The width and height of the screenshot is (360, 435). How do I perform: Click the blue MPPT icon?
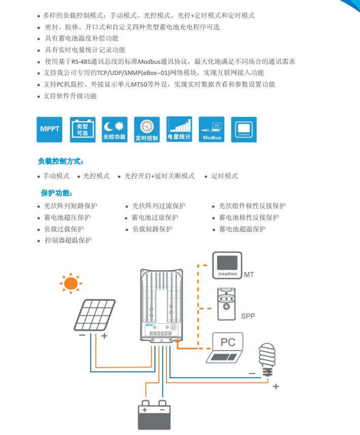50,130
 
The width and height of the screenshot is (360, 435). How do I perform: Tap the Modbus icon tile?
212,130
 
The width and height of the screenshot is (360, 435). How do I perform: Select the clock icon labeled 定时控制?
147,130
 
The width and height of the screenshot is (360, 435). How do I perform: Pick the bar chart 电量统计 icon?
179,130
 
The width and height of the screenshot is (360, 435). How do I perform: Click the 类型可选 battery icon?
82,130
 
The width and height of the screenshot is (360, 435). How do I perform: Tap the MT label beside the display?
249,275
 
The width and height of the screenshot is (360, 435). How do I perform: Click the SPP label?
248,317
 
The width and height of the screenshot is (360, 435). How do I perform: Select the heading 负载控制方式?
61,162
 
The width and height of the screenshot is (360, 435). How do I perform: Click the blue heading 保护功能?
57,193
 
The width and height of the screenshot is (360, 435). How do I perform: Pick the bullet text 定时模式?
224,176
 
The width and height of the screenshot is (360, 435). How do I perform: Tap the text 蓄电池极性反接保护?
249,217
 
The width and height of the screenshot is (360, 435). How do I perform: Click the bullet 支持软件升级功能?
70,96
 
